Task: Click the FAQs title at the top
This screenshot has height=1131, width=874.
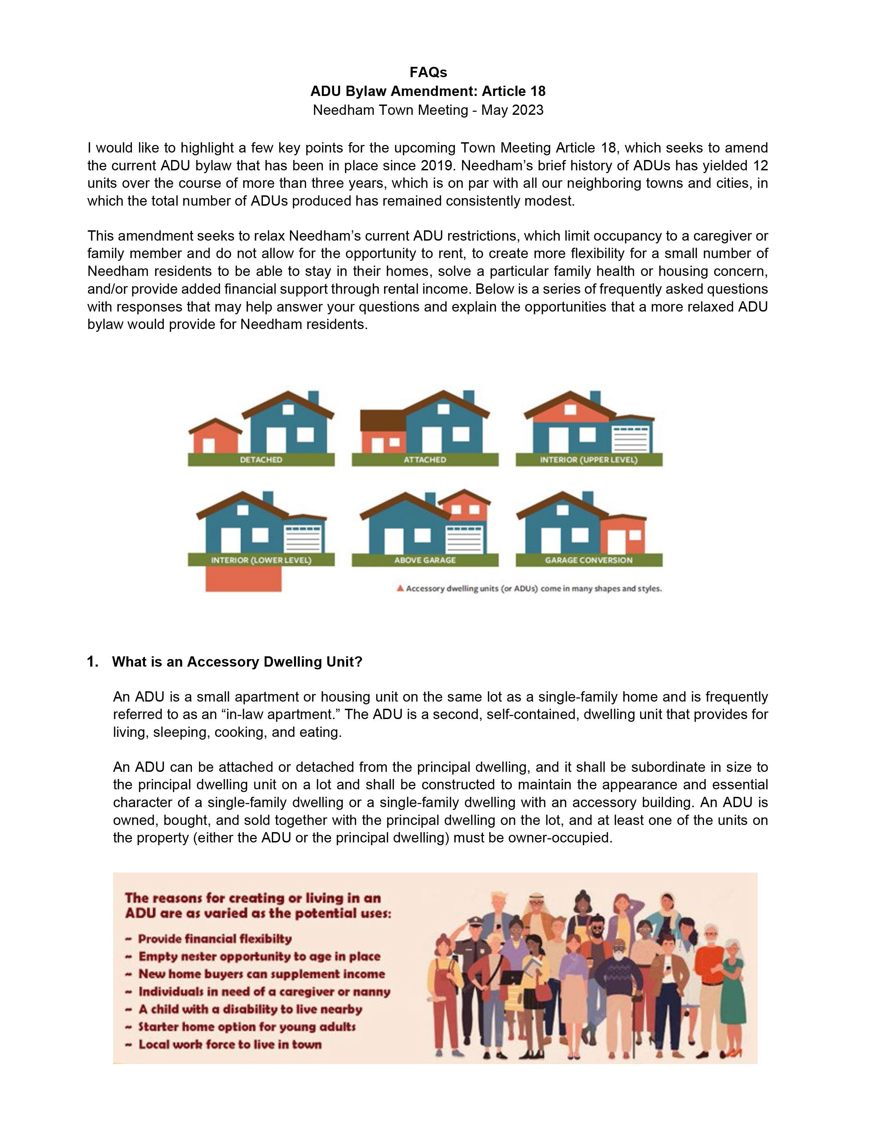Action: point(428,72)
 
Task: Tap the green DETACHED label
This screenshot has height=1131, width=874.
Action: point(261,460)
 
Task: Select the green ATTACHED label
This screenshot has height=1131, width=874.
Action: point(425,460)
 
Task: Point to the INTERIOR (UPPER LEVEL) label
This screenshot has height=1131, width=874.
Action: point(589,460)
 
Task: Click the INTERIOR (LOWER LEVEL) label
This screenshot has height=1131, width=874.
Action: point(261,560)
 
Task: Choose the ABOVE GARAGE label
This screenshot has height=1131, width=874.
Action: point(425,560)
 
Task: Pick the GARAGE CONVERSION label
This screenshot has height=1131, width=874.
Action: point(589,560)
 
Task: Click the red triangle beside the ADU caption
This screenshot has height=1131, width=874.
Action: point(400,588)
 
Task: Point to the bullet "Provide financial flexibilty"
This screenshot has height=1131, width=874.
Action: point(215,939)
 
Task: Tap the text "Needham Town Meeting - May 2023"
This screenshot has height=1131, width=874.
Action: point(428,110)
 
